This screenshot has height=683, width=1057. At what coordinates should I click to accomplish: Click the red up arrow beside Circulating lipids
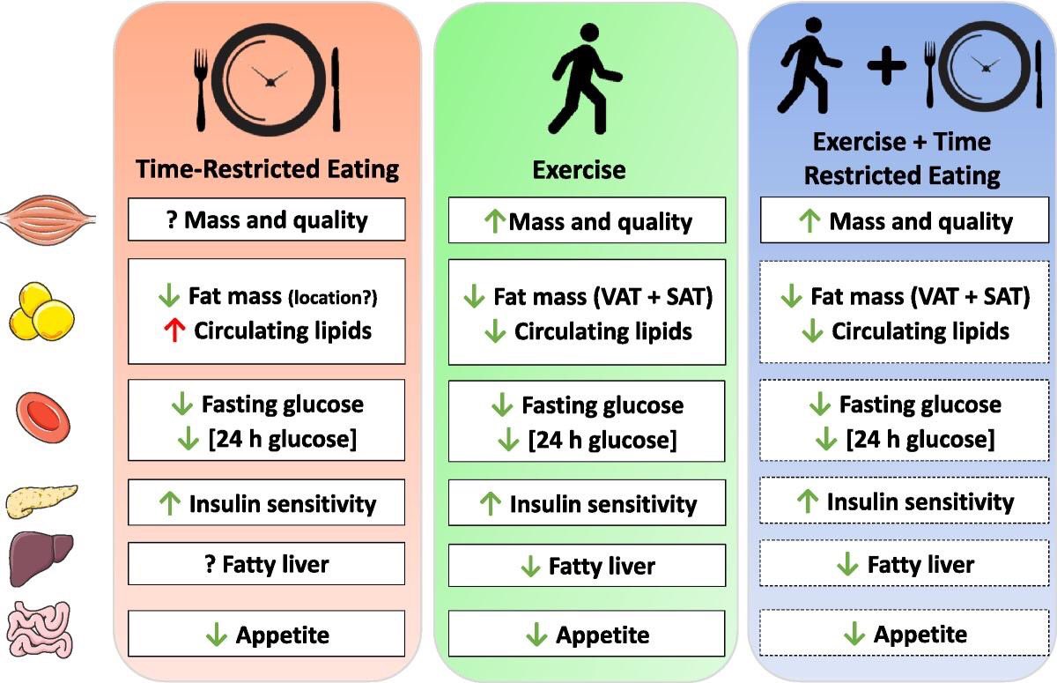point(174,330)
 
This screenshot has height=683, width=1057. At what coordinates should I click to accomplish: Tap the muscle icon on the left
point(48,220)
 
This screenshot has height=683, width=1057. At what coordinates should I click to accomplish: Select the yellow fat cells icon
point(41,311)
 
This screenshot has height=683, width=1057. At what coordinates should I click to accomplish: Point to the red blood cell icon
point(43,418)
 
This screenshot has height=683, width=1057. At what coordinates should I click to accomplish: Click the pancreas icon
point(41,501)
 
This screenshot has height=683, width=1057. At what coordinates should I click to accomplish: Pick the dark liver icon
point(41,559)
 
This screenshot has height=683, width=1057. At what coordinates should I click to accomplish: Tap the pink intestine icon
point(41,629)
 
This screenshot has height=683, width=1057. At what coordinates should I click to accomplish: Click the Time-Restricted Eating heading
point(267,169)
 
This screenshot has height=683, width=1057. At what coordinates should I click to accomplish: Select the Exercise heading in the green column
point(579,170)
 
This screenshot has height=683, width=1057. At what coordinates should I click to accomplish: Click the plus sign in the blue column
point(887,65)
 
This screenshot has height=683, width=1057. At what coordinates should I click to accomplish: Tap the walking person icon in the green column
point(585,78)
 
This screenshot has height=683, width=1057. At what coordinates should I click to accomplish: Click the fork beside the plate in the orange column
point(201,90)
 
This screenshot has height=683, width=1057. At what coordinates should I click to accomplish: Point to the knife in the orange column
point(336,89)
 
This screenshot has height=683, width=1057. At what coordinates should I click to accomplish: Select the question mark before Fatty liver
point(211,563)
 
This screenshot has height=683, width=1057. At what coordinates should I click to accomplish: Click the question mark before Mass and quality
point(173,219)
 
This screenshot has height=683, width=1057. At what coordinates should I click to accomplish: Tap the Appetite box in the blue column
point(904,633)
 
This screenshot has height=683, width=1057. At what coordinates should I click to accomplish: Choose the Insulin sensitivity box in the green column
point(587,502)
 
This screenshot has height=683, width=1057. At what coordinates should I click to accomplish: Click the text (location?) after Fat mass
point(333,297)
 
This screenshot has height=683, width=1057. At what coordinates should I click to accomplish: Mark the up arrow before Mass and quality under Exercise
point(495,221)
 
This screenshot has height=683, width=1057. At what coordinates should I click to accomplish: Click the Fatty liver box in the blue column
point(904,563)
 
